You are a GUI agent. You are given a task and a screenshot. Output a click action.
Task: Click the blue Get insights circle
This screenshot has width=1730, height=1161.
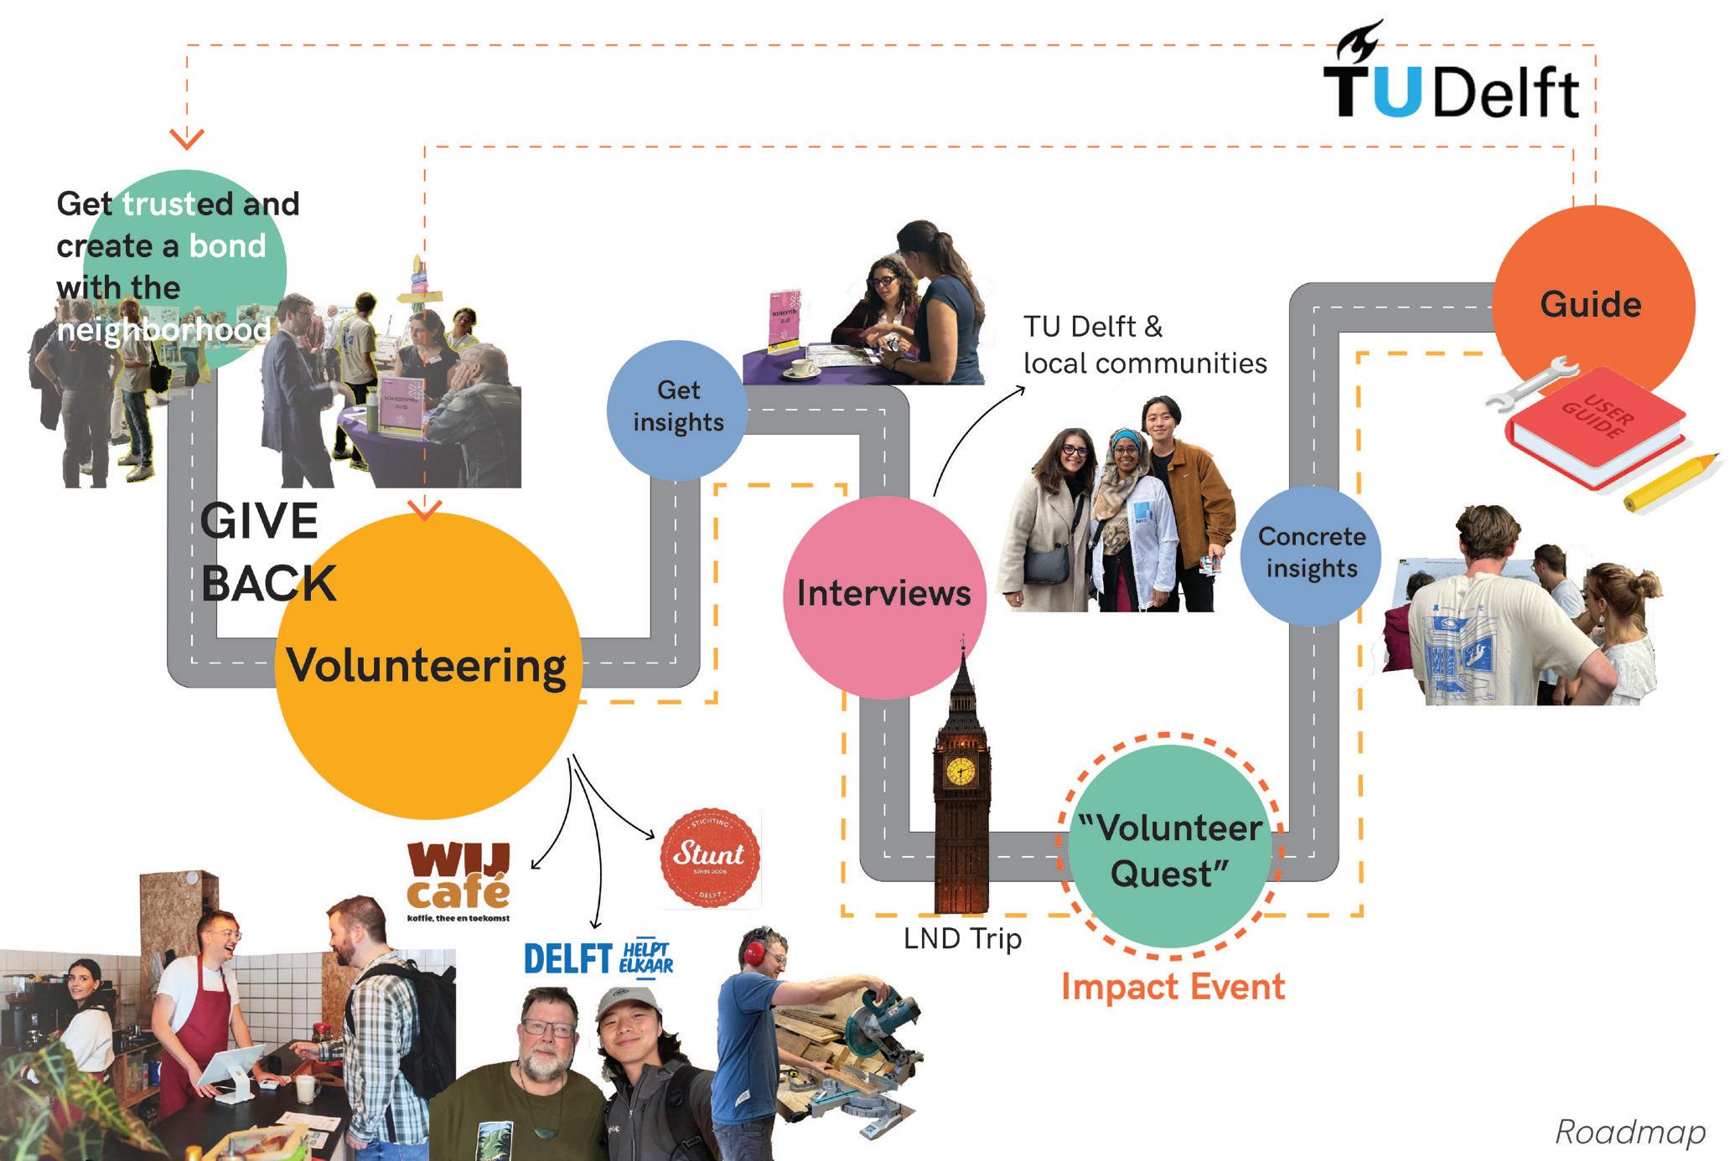677,408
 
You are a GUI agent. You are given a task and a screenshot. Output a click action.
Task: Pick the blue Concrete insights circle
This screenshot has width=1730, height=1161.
1311,554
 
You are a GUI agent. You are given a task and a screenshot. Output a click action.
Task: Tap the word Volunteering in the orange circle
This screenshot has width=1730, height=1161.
427,667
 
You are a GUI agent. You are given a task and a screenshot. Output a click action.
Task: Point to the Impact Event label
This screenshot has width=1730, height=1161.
1173,987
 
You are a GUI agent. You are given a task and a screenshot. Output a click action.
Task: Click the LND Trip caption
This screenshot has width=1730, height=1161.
962,939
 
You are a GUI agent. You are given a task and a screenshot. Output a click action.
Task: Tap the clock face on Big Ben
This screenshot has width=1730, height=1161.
961,771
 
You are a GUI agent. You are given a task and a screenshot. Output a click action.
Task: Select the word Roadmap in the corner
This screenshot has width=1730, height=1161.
1630,1132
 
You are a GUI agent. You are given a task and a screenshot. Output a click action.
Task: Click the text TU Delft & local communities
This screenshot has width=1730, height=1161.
1144,344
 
